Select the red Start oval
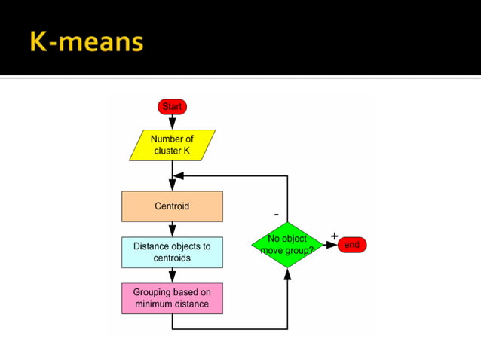172,107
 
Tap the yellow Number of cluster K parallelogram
172,145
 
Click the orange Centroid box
172,206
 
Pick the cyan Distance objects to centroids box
172,252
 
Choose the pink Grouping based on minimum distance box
172,298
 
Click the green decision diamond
287,245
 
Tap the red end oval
351,245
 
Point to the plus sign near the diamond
334,236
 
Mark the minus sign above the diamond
276,215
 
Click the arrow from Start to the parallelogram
172,122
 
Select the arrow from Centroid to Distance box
172,229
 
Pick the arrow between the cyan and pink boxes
172,275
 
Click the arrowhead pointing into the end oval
332,245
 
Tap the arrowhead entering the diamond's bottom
287,274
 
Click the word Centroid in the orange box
172,206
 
